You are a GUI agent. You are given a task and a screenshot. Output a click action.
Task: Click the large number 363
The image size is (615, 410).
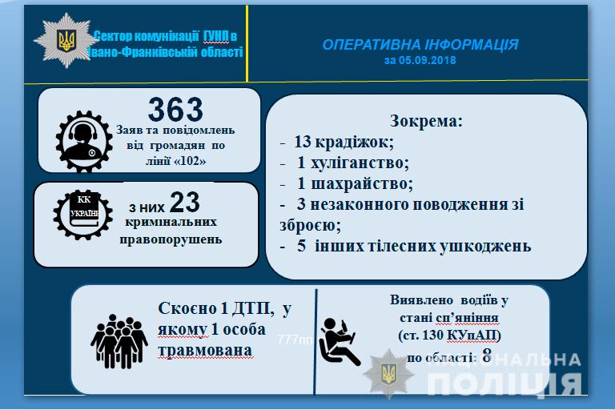pyautogui.click(x=175, y=109)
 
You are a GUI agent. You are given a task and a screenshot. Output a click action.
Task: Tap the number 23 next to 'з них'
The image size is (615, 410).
pyautogui.click(x=185, y=203)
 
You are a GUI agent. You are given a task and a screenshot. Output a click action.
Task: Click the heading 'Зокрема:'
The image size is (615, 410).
pyautogui.click(x=426, y=121)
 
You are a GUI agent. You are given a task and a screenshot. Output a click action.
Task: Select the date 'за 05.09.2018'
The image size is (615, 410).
pyautogui.click(x=420, y=60)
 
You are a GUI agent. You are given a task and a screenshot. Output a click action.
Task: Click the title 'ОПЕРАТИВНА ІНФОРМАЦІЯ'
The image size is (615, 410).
pyautogui.click(x=420, y=45)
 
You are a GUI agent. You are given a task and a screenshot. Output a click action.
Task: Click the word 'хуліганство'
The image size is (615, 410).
pyautogui.click(x=360, y=163)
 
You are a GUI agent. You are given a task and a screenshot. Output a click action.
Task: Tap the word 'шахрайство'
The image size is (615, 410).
pyautogui.click(x=362, y=183)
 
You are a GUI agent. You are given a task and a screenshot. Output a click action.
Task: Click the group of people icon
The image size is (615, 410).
pyautogui.click(x=119, y=341)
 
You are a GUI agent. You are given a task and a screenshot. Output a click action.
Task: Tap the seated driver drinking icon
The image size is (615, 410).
pyautogui.click(x=339, y=341)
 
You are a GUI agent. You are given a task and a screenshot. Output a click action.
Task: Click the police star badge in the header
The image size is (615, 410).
pyautogui.click(x=66, y=40)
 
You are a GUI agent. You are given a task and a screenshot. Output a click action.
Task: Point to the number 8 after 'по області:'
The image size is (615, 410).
pyautogui.click(x=487, y=356)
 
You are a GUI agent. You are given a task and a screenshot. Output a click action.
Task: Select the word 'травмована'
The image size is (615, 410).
pyautogui.click(x=205, y=351)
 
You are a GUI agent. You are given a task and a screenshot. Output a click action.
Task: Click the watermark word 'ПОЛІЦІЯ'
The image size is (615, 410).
pyautogui.click(x=504, y=384)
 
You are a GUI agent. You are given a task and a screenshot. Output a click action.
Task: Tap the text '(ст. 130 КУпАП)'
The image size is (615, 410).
pyautogui.click(x=450, y=336)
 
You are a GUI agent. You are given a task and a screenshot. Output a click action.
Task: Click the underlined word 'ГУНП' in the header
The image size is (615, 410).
pyautogui.click(x=215, y=37)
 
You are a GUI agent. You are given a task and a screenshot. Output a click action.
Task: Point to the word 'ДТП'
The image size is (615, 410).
pyautogui.click(x=252, y=309)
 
